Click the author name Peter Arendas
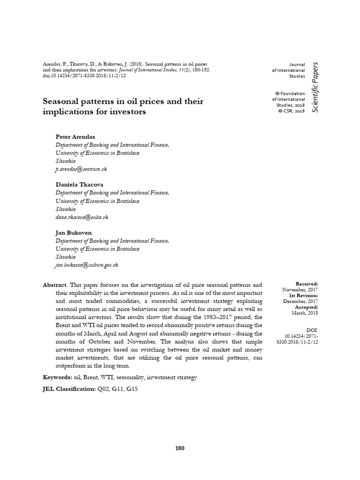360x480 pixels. coord(75,136)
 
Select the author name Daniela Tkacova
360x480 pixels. coord(79,184)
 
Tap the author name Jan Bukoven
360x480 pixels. coord(74,232)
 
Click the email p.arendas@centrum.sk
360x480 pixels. coord(82,169)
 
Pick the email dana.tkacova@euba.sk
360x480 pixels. coord(82,217)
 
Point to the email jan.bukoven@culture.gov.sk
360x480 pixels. coord(87,265)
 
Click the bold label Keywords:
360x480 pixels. coord(58,377)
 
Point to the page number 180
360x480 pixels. coord(180,448)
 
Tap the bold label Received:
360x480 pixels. coord(307,284)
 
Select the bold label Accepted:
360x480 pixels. coord(307,307)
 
